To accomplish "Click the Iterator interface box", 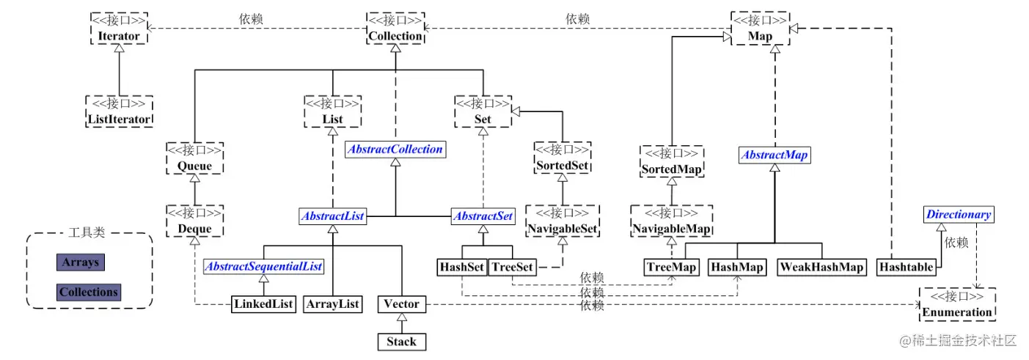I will pos(118,27).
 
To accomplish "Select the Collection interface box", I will pos(395,27).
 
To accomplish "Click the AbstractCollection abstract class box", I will pos(395,150).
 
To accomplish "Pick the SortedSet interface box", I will pos(561,158).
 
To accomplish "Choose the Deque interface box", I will pos(194,221).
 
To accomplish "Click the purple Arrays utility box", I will pos(80,262).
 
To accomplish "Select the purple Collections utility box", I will pos(89,292).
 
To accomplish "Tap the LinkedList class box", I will pos(263,304).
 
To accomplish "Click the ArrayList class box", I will pos(332,304).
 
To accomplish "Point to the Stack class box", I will pos(401,342).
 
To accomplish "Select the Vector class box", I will pos(401,304).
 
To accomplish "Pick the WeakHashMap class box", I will pos(821,267).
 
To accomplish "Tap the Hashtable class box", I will pos(906,267).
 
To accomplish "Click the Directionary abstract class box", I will pos(958,215).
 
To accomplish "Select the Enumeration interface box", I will pos(958,304).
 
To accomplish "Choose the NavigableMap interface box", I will pos(672,221).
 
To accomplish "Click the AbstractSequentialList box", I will pos(263,267).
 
